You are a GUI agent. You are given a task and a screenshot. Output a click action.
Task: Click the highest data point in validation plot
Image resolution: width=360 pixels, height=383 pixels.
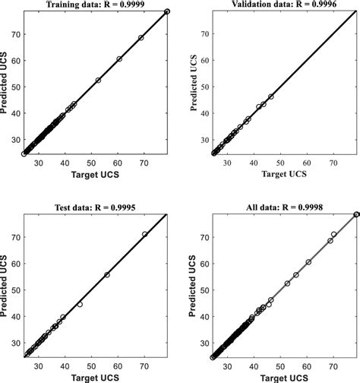point(271,97)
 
